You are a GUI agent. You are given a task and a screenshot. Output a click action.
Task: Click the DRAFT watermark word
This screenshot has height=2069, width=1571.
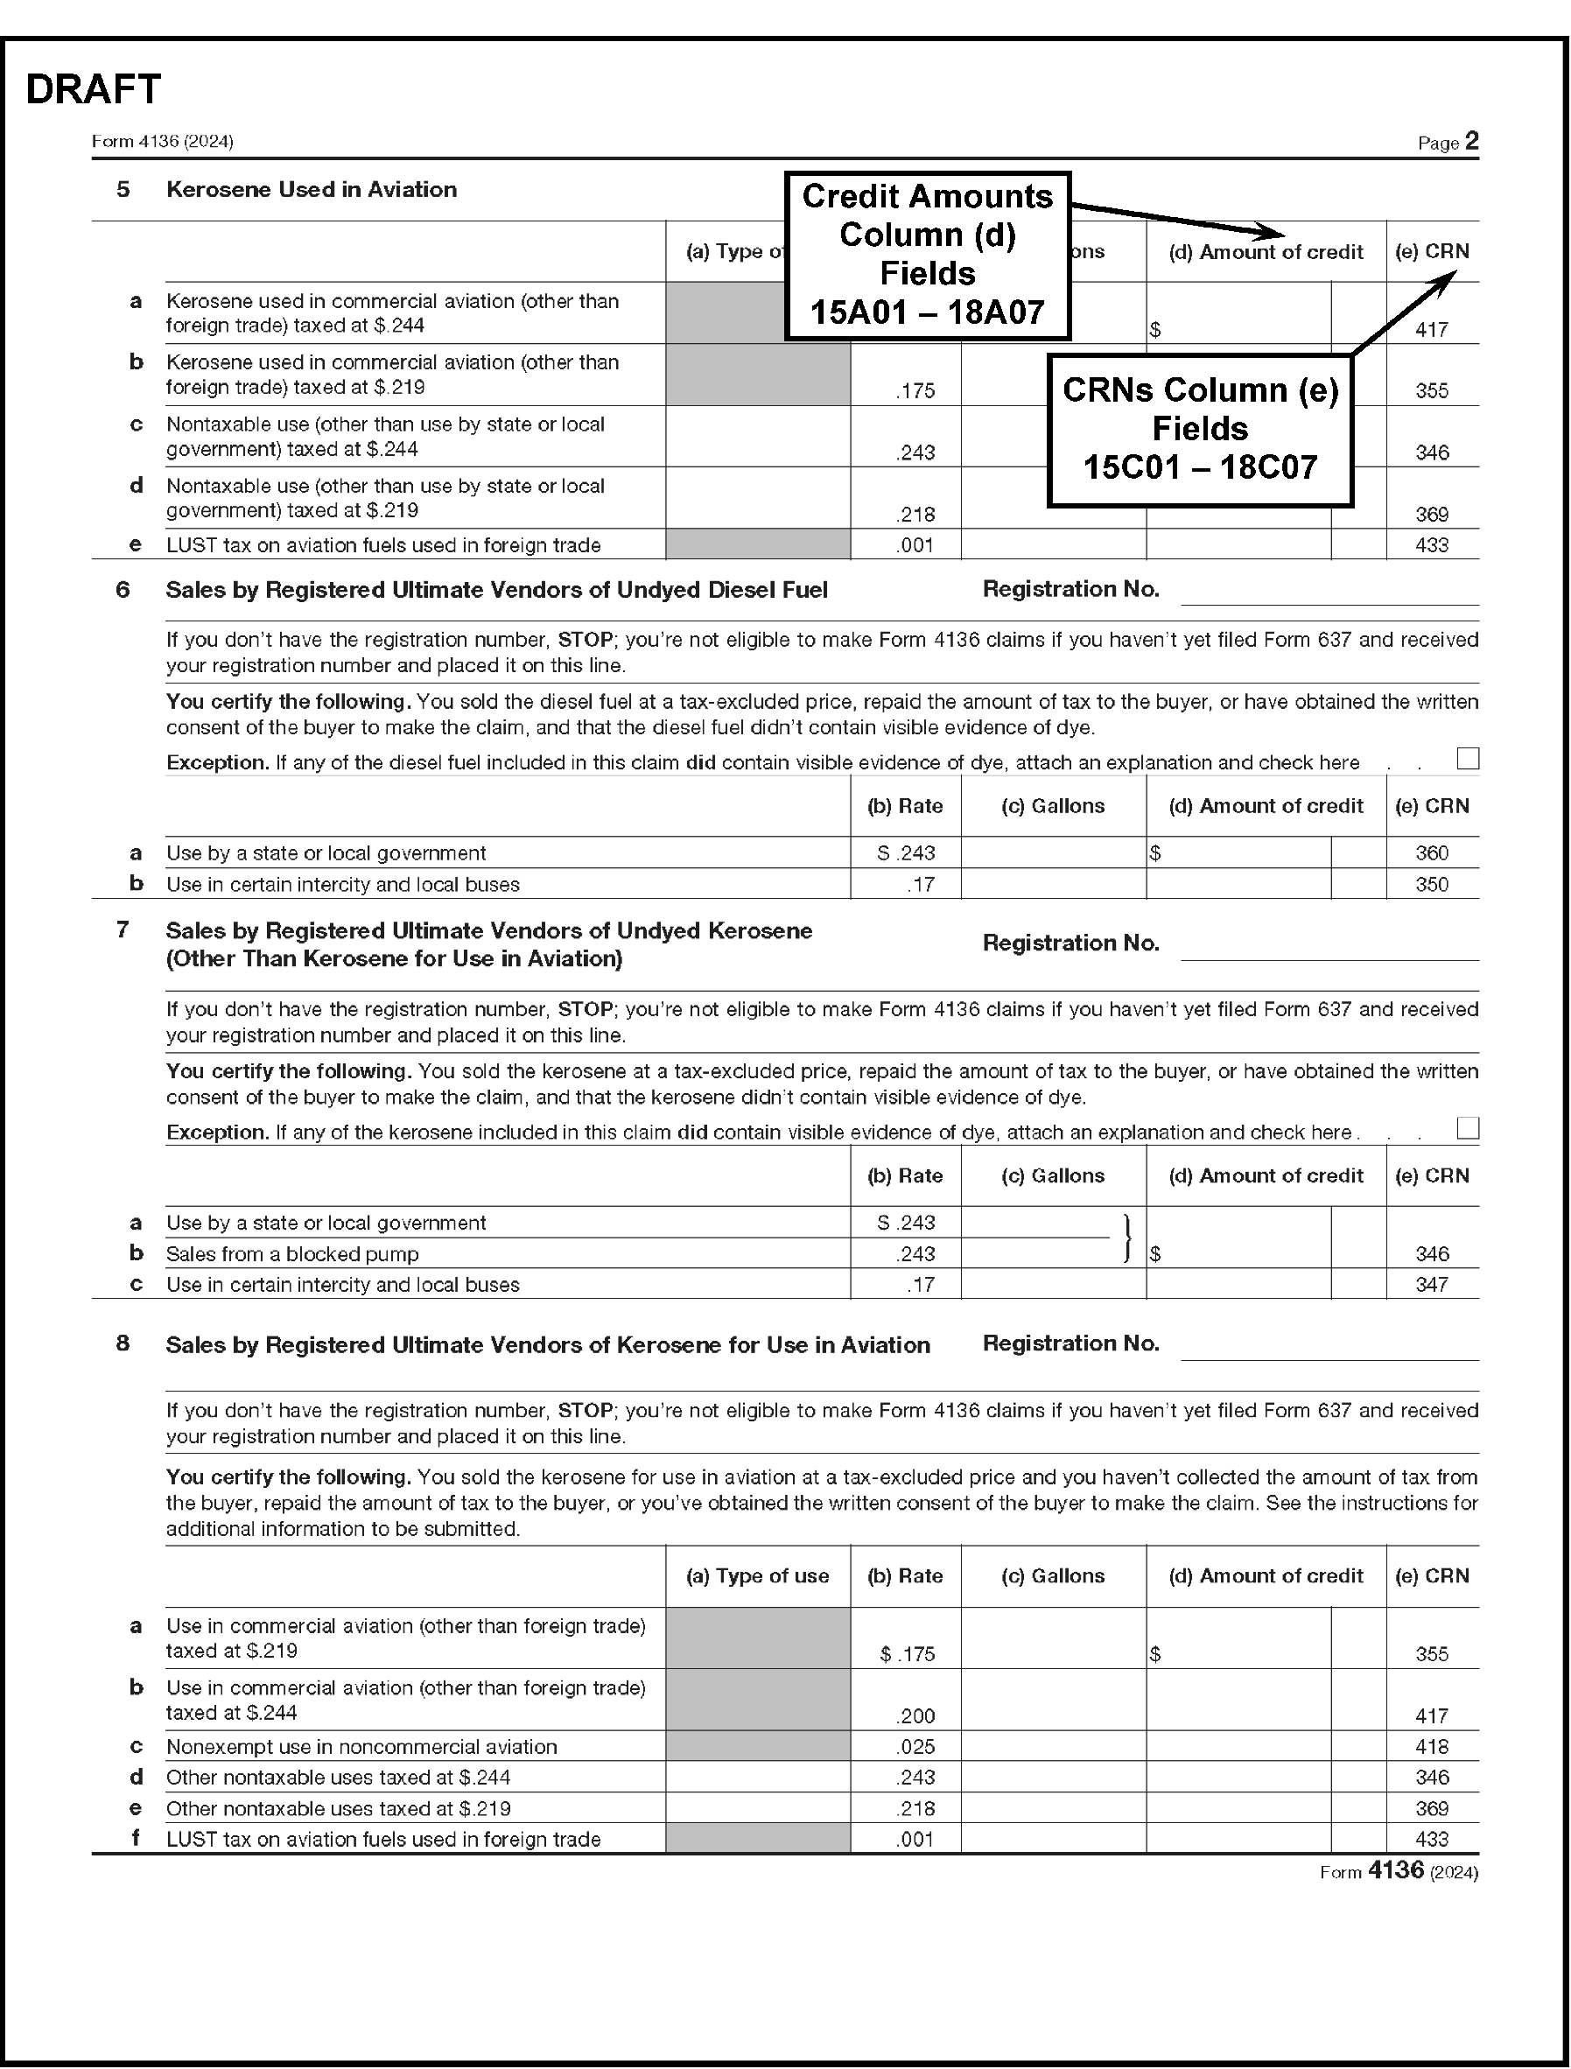(94, 90)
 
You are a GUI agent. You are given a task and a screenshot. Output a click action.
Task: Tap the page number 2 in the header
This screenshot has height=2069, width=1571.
(1472, 141)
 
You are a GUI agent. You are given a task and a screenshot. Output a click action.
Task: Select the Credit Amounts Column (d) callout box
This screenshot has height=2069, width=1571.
(927, 255)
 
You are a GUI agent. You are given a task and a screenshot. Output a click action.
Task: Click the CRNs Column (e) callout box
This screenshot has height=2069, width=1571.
(1200, 430)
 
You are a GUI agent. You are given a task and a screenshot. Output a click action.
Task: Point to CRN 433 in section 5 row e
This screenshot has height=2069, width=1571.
(1431, 545)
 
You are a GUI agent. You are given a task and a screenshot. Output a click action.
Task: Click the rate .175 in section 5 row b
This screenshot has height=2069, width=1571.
(915, 391)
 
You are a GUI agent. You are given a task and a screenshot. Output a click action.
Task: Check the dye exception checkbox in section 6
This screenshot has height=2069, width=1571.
(1468, 759)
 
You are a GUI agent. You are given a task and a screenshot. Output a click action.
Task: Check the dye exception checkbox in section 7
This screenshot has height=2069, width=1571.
(1468, 1128)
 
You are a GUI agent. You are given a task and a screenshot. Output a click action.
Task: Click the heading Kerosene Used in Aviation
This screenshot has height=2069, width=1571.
(312, 190)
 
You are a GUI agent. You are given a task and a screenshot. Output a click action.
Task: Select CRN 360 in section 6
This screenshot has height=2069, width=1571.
(1431, 853)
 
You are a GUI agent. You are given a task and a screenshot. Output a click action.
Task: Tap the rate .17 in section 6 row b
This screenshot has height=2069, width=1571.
(920, 885)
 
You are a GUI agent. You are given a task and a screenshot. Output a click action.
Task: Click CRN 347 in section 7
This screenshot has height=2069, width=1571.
(1431, 1285)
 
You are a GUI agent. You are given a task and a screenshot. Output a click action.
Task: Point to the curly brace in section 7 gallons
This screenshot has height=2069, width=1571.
(1128, 1238)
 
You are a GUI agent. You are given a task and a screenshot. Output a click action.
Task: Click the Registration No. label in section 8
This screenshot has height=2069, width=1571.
(1070, 1344)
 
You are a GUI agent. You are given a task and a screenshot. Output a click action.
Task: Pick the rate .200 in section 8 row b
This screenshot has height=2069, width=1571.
(915, 1716)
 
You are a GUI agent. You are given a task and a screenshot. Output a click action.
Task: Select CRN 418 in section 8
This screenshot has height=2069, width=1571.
(1431, 1747)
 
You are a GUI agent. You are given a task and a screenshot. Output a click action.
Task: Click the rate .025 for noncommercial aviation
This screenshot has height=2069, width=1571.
(915, 1747)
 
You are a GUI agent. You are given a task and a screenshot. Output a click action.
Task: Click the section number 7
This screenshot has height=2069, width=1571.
(123, 930)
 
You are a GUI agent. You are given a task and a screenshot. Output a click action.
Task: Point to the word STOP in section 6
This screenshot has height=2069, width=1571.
(585, 641)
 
